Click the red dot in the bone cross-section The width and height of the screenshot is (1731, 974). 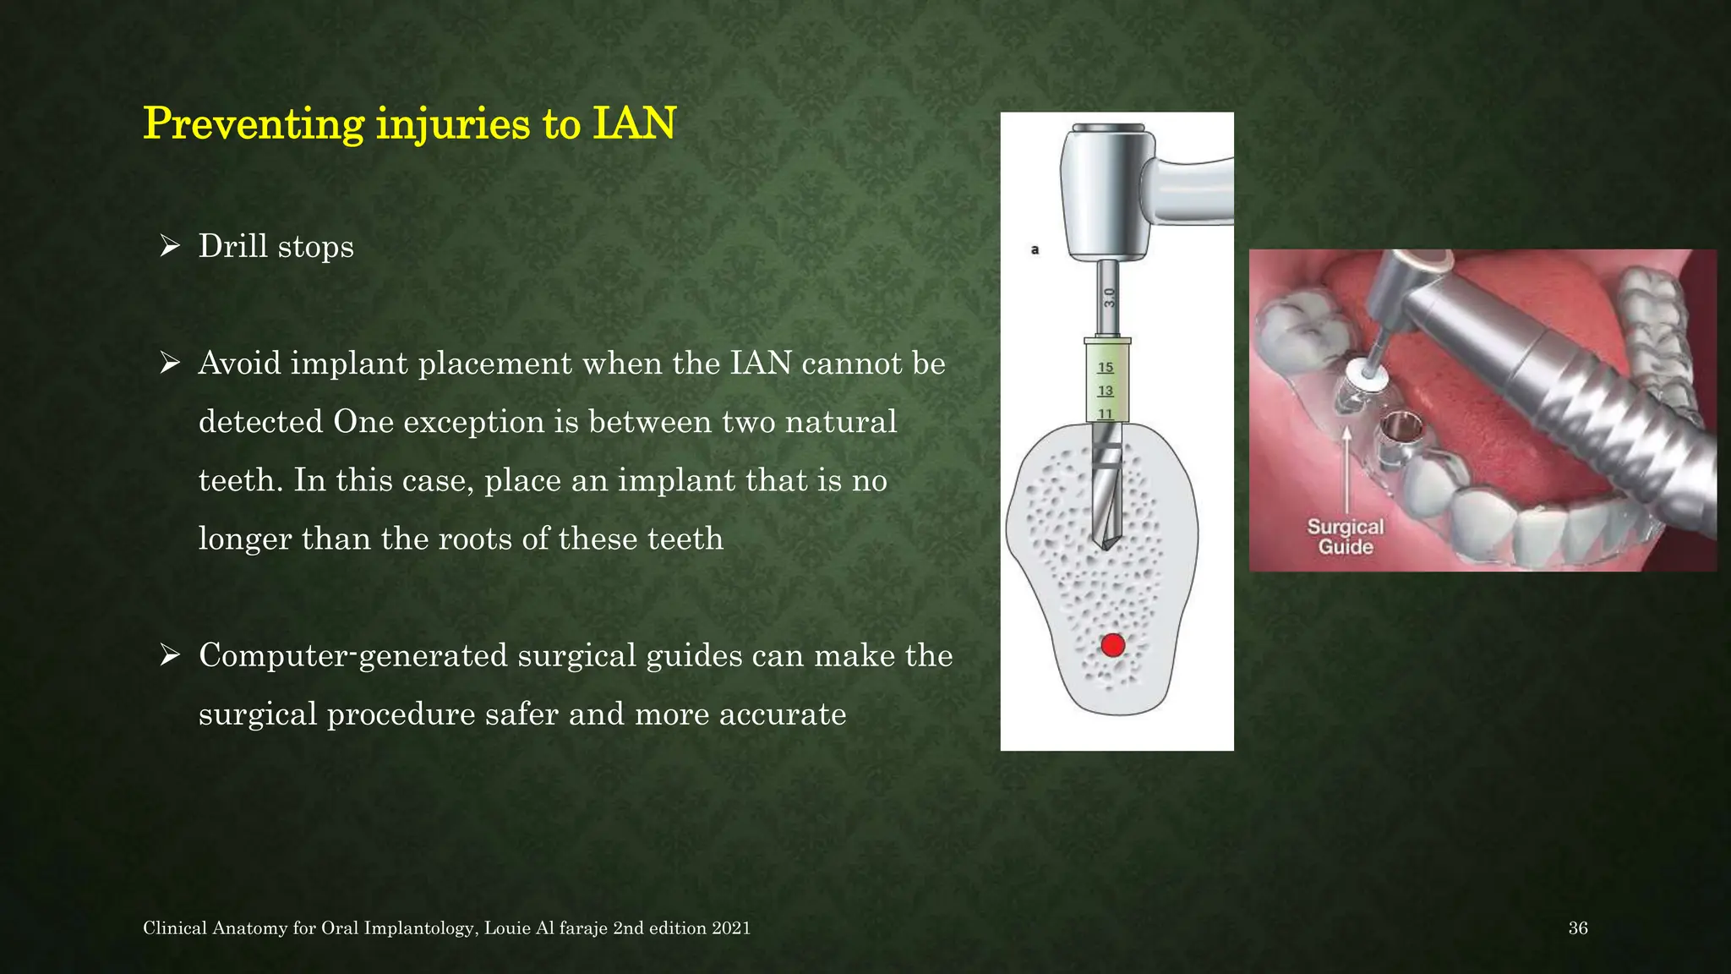[1113, 645]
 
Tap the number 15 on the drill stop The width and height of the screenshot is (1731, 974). [1106, 367]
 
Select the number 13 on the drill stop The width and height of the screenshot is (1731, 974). [1106, 391]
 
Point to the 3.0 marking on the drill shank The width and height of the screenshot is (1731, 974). [1109, 298]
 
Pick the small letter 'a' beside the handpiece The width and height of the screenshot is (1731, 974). [1035, 249]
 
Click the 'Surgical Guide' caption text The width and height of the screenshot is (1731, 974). [1346, 537]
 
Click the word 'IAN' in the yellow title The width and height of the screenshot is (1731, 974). [634, 123]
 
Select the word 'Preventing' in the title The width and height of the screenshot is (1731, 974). [254, 123]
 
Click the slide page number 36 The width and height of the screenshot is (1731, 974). [1577, 928]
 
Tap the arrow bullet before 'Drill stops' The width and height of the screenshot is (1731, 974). [170, 246]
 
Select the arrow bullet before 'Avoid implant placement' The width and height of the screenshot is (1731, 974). [170, 364]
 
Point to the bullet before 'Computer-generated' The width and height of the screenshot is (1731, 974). [170, 655]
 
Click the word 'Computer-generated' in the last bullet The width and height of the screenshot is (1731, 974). [352, 656]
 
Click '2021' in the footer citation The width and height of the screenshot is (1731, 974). [731, 928]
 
